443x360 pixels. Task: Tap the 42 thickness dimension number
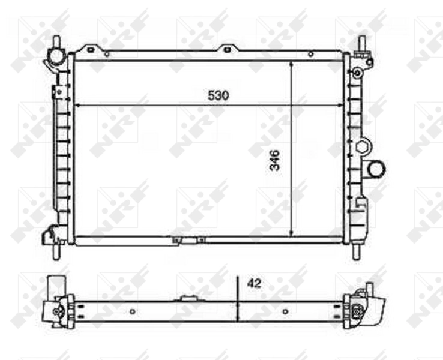254,283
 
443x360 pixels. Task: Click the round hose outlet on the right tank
376,169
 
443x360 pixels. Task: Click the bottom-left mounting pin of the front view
56,250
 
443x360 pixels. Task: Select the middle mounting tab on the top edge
227,49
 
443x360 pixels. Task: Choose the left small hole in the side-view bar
132,311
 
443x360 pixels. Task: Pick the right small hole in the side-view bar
285,311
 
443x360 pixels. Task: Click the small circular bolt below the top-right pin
357,73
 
